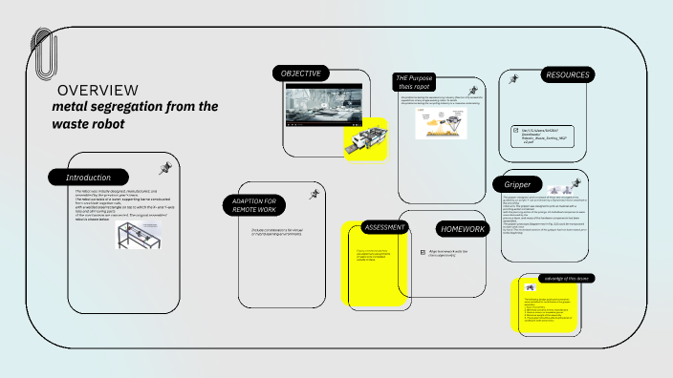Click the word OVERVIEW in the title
coord(98,90)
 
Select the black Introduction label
coord(88,178)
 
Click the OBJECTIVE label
coord(301,73)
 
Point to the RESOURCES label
coord(567,74)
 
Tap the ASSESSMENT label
coord(385,227)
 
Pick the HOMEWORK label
coord(464,229)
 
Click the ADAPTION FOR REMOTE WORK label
coord(255,205)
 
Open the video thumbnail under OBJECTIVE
coord(323,106)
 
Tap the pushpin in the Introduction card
coord(164,169)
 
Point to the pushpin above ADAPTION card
coord(313,194)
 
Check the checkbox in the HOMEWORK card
coord(422,253)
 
